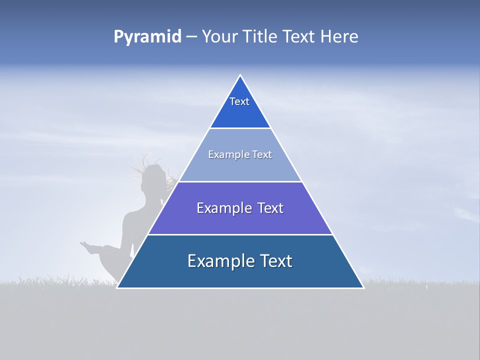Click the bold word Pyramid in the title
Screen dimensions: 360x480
[x=147, y=37]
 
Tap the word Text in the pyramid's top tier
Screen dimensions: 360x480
[x=239, y=101]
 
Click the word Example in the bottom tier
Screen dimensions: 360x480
[x=220, y=261]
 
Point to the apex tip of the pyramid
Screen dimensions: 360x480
[x=240, y=75]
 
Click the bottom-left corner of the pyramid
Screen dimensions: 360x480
[x=117, y=287]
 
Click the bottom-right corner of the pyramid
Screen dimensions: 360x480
[x=362, y=287]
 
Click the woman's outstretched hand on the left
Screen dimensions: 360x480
[x=85, y=244]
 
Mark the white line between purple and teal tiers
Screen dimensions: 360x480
[x=240, y=234]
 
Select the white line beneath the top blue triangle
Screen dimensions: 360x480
[x=240, y=128]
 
